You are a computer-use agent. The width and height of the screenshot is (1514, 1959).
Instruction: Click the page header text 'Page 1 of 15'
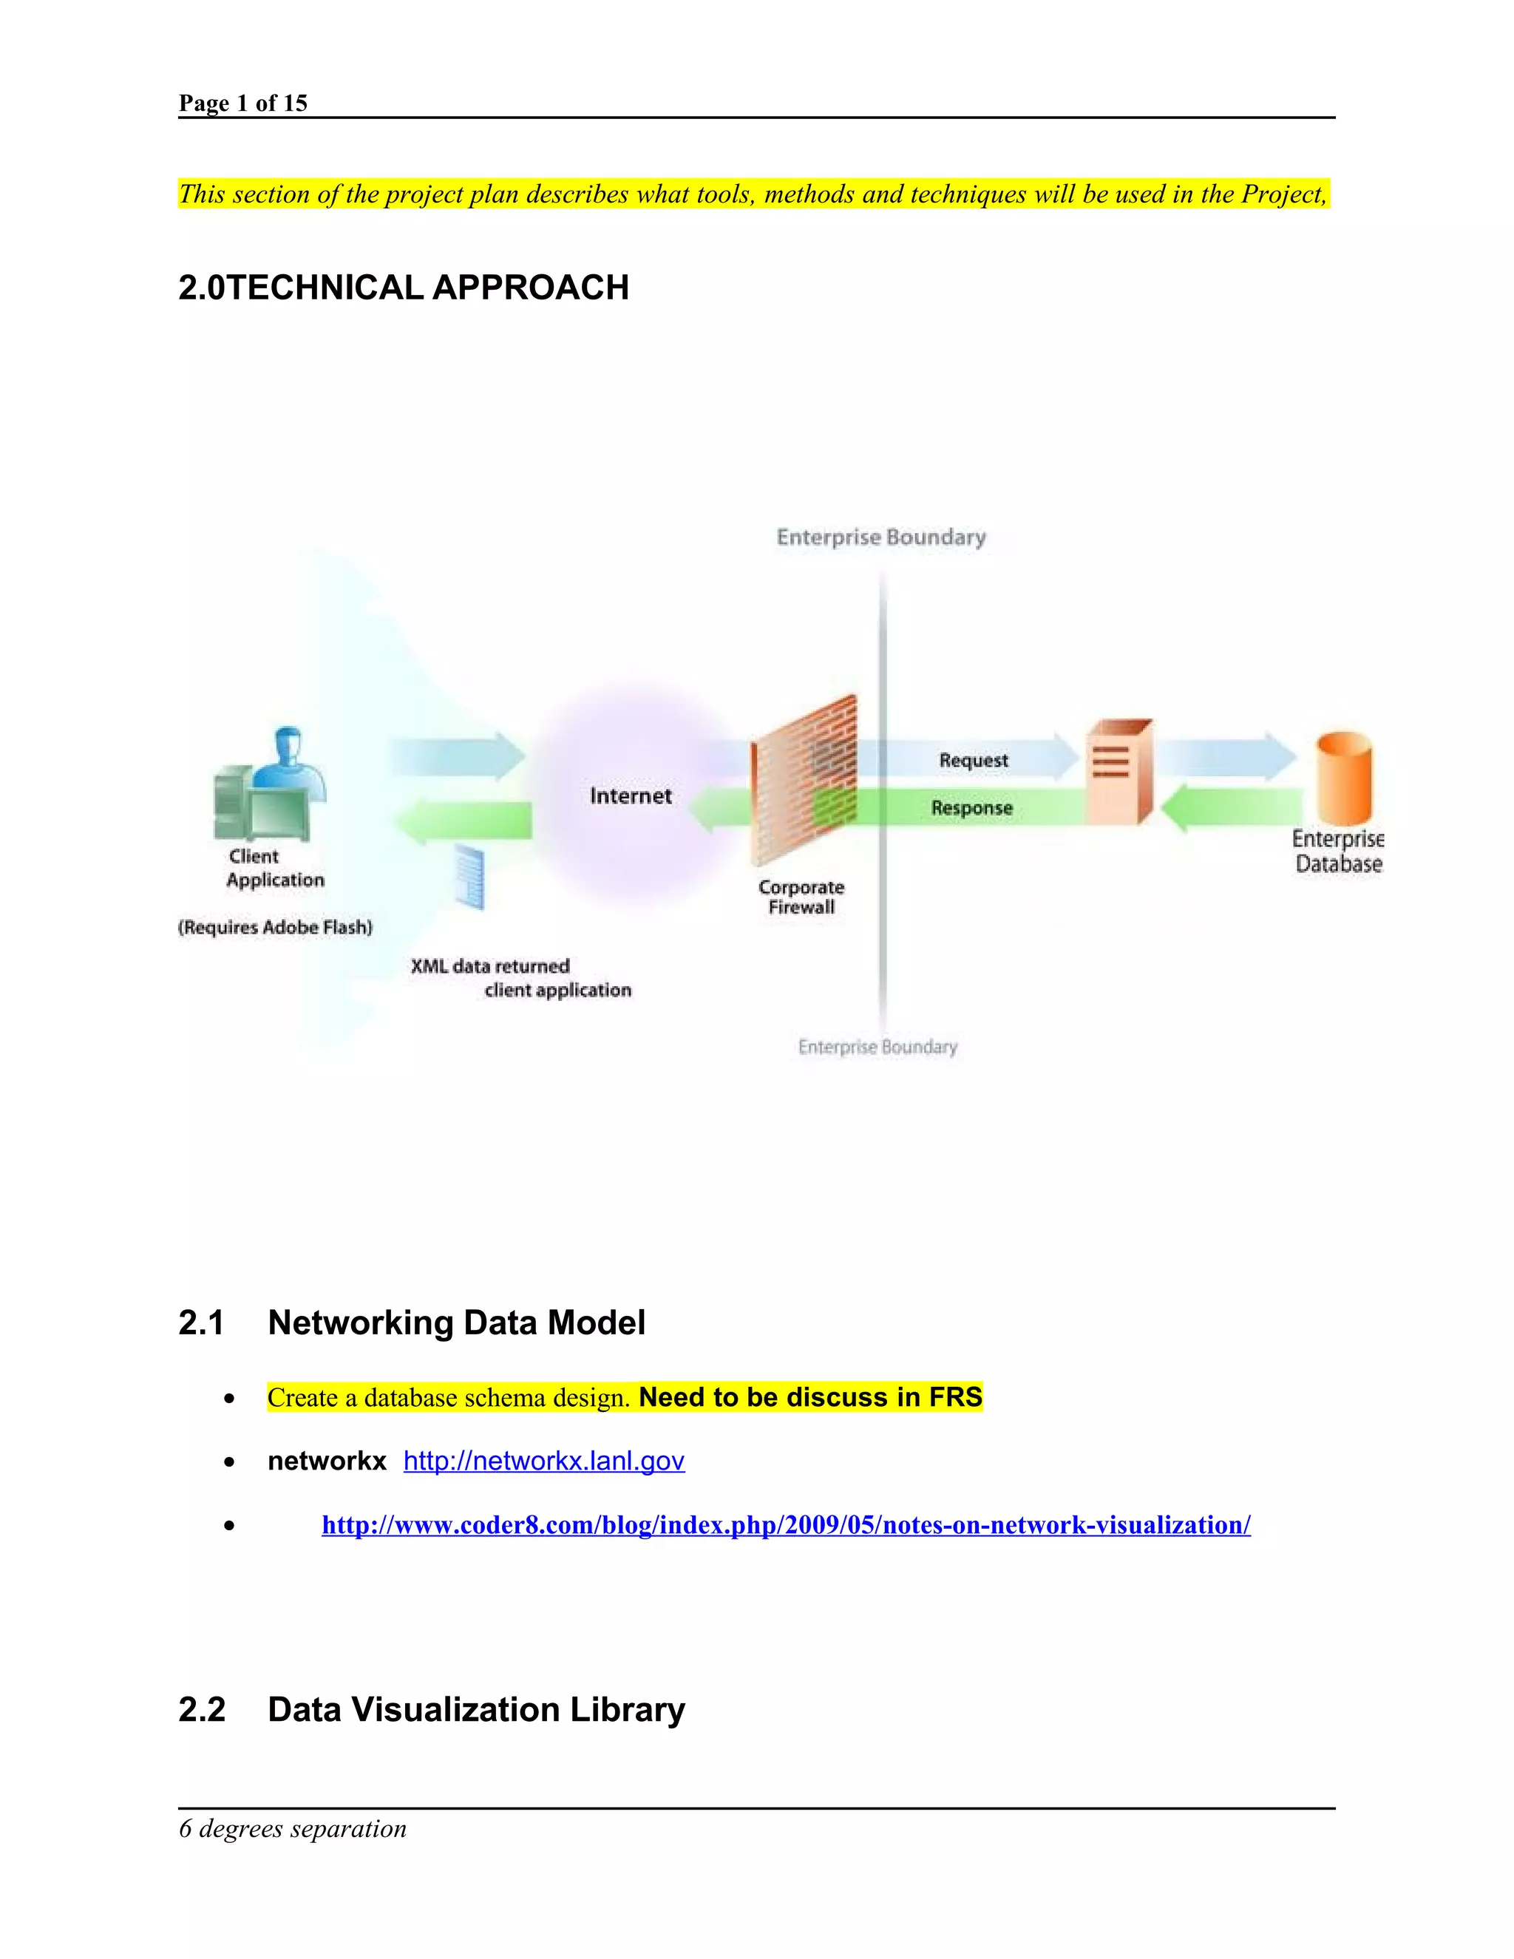[x=243, y=103]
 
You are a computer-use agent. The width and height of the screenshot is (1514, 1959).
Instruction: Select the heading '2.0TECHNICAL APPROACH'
[x=404, y=288]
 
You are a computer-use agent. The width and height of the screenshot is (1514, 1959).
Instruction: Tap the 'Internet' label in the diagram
[x=631, y=795]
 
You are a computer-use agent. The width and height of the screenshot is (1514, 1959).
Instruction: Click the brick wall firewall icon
[x=804, y=779]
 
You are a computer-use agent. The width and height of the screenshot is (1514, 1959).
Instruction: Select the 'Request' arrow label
[x=973, y=760]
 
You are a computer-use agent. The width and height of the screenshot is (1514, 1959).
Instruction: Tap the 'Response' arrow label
[x=971, y=807]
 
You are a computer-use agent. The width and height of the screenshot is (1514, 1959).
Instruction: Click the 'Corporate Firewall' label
[x=801, y=897]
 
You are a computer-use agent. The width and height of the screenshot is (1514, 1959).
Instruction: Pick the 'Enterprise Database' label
[x=1338, y=851]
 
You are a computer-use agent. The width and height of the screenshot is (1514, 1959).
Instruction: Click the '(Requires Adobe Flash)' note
[x=275, y=926]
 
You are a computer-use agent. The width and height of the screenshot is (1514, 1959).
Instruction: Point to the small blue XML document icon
[x=469, y=876]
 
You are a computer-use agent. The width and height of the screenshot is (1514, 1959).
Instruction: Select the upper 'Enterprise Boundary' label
[x=880, y=537]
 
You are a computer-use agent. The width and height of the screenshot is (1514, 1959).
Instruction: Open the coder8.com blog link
[x=786, y=1525]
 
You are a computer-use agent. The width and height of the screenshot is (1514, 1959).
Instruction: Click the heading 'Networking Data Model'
[x=457, y=1323]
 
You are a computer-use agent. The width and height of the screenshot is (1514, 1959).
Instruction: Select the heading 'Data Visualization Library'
[x=476, y=1710]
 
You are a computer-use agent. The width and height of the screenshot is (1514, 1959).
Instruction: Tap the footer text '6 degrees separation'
[x=293, y=1829]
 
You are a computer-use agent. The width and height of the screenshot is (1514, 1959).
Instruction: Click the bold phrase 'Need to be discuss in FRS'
[x=811, y=1396]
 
